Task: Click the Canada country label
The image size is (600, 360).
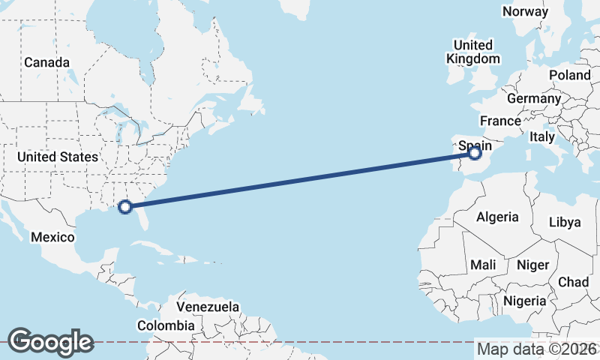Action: coord(46,63)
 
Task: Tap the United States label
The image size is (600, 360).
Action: coord(58,157)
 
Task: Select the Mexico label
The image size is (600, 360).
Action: coord(52,237)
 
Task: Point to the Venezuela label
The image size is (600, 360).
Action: coord(208,307)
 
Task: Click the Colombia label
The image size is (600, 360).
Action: coord(165,325)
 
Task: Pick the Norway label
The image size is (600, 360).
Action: coord(525,11)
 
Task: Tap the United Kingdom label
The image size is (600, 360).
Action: coord(472,52)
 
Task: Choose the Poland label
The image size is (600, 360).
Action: coord(569,75)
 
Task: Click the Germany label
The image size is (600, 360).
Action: coord(533,98)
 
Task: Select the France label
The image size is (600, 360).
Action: coord(500,121)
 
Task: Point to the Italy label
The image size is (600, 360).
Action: coord(541,137)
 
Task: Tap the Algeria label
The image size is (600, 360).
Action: coord(497,217)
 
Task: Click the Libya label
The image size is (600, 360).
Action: coord(565,222)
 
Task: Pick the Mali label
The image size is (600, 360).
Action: coord(483,265)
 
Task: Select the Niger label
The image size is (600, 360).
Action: coord(533,265)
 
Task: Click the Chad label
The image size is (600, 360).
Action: coord(573,282)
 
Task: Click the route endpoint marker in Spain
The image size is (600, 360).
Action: coord(475,153)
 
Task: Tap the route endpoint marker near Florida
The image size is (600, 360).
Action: coord(126,206)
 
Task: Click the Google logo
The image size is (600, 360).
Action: coord(51,342)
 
